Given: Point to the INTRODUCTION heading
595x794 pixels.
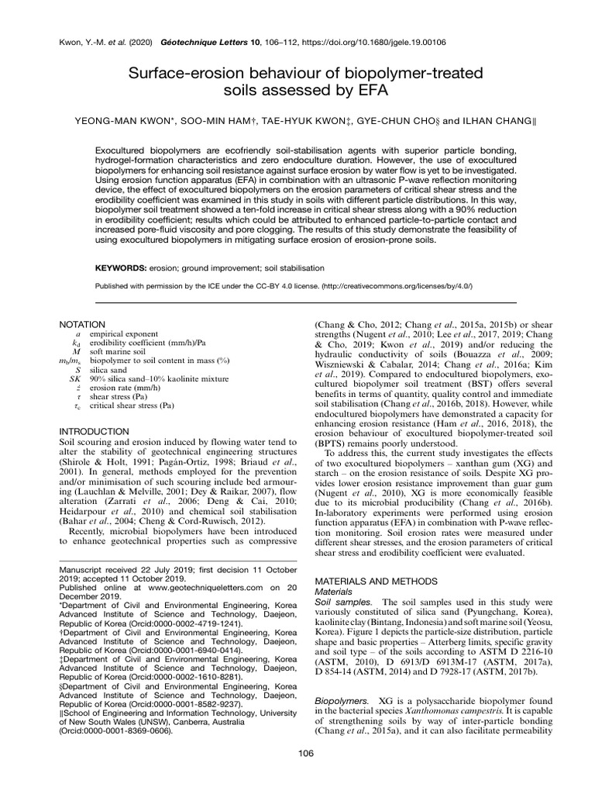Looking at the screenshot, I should tap(93, 430).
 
